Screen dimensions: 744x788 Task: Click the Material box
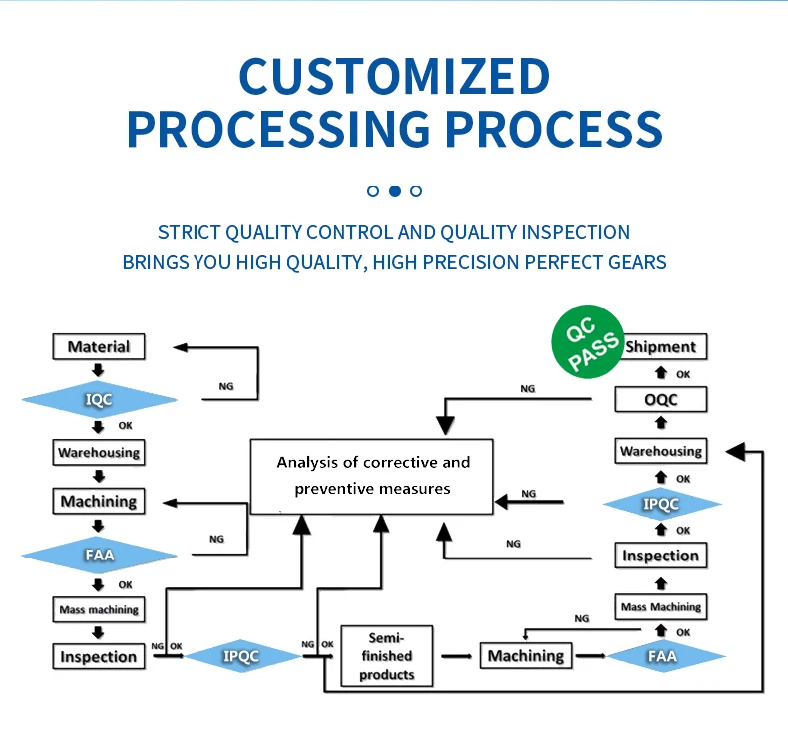pyautogui.click(x=98, y=347)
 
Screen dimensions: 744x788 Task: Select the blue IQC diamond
pyautogui.click(x=98, y=400)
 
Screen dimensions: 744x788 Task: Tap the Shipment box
pyautogui.click(x=660, y=346)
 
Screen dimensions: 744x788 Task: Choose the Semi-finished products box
pyautogui.click(x=386, y=655)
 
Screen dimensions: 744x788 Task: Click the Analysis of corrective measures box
pyautogui.click(x=372, y=476)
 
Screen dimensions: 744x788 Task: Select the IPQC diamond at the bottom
pyautogui.click(x=241, y=656)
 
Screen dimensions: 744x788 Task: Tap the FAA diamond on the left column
pyautogui.click(x=98, y=555)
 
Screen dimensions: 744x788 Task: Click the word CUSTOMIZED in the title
pyautogui.click(x=394, y=78)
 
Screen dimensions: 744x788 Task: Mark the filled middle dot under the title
pyautogui.click(x=394, y=190)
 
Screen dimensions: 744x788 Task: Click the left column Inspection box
pyautogui.click(x=98, y=656)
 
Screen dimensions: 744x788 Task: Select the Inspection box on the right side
pyautogui.click(x=660, y=556)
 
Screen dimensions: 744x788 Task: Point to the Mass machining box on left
pyautogui.click(x=98, y=609)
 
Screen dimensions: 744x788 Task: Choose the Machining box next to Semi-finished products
pyautogui.click(x=526, y=655)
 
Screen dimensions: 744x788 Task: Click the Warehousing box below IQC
pyautogui.click(x=98, y=452)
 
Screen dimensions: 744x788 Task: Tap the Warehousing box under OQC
pyautogui.click(x=660, y=451)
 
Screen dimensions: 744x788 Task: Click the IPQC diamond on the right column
pyautogui.click(x=660, y=504)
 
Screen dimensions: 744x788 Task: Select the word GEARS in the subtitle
pyautogui.click(x=633, y=262)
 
